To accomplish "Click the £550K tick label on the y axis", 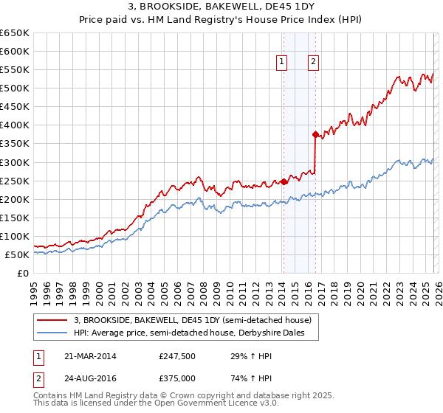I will click(x=15, y=70).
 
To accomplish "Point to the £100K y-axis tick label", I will click(x=15, y=236).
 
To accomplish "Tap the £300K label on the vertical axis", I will click(x=15, y=162).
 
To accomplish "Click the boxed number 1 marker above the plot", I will click(x=283, y=63).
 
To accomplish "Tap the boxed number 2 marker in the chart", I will click(x=314, y=63).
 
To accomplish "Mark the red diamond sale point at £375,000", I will click(x=315, y=134).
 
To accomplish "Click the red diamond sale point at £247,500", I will click(x=284, y=181).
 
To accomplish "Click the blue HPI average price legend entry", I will click(x=194, y=333).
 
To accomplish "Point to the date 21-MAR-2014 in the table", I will click(x=90, y=356).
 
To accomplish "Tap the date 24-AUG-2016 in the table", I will click(x=90, y=378).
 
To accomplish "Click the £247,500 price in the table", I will click(x=176, y=356).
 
